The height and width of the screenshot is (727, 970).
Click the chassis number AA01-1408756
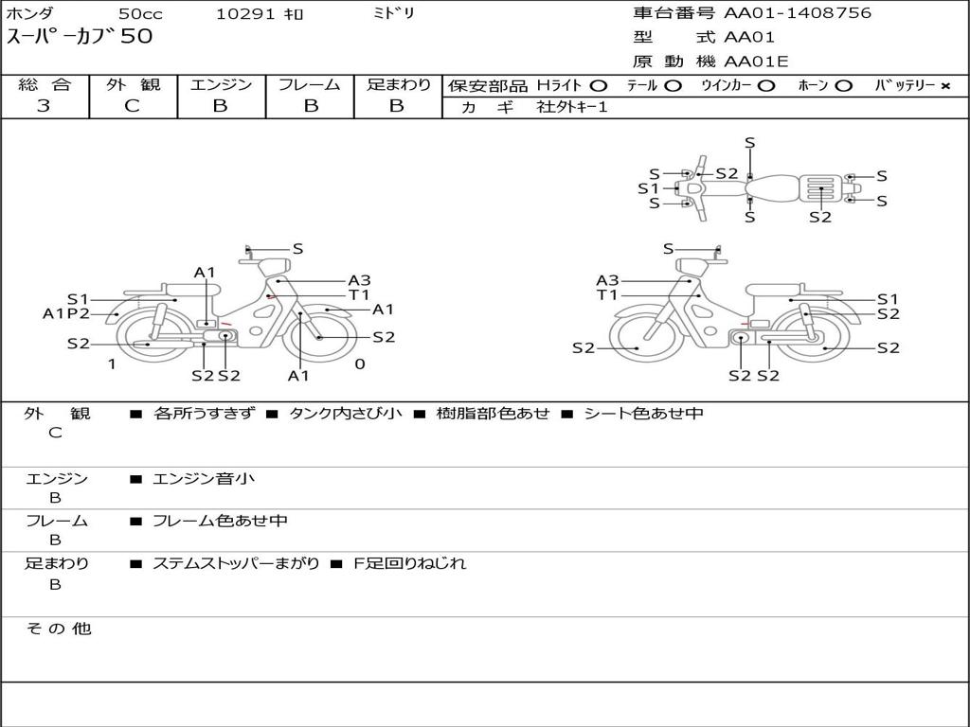[x=797, y=12]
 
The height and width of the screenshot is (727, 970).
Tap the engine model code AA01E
[x=756, y=62]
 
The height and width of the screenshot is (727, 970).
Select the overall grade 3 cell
[x=44, y=106]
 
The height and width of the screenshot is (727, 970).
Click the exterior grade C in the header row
[x=132, y=106]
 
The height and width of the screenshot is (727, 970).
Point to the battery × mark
[x=945, y=86]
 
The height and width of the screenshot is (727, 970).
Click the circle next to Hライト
[x=599, y=85]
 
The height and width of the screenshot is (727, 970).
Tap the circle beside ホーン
[x=843, y=85]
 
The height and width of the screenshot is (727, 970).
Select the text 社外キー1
[x=572, y=107]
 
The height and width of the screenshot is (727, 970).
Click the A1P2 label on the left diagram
[x=65, y=313]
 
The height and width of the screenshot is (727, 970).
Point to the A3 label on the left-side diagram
[x=359, y=280]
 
